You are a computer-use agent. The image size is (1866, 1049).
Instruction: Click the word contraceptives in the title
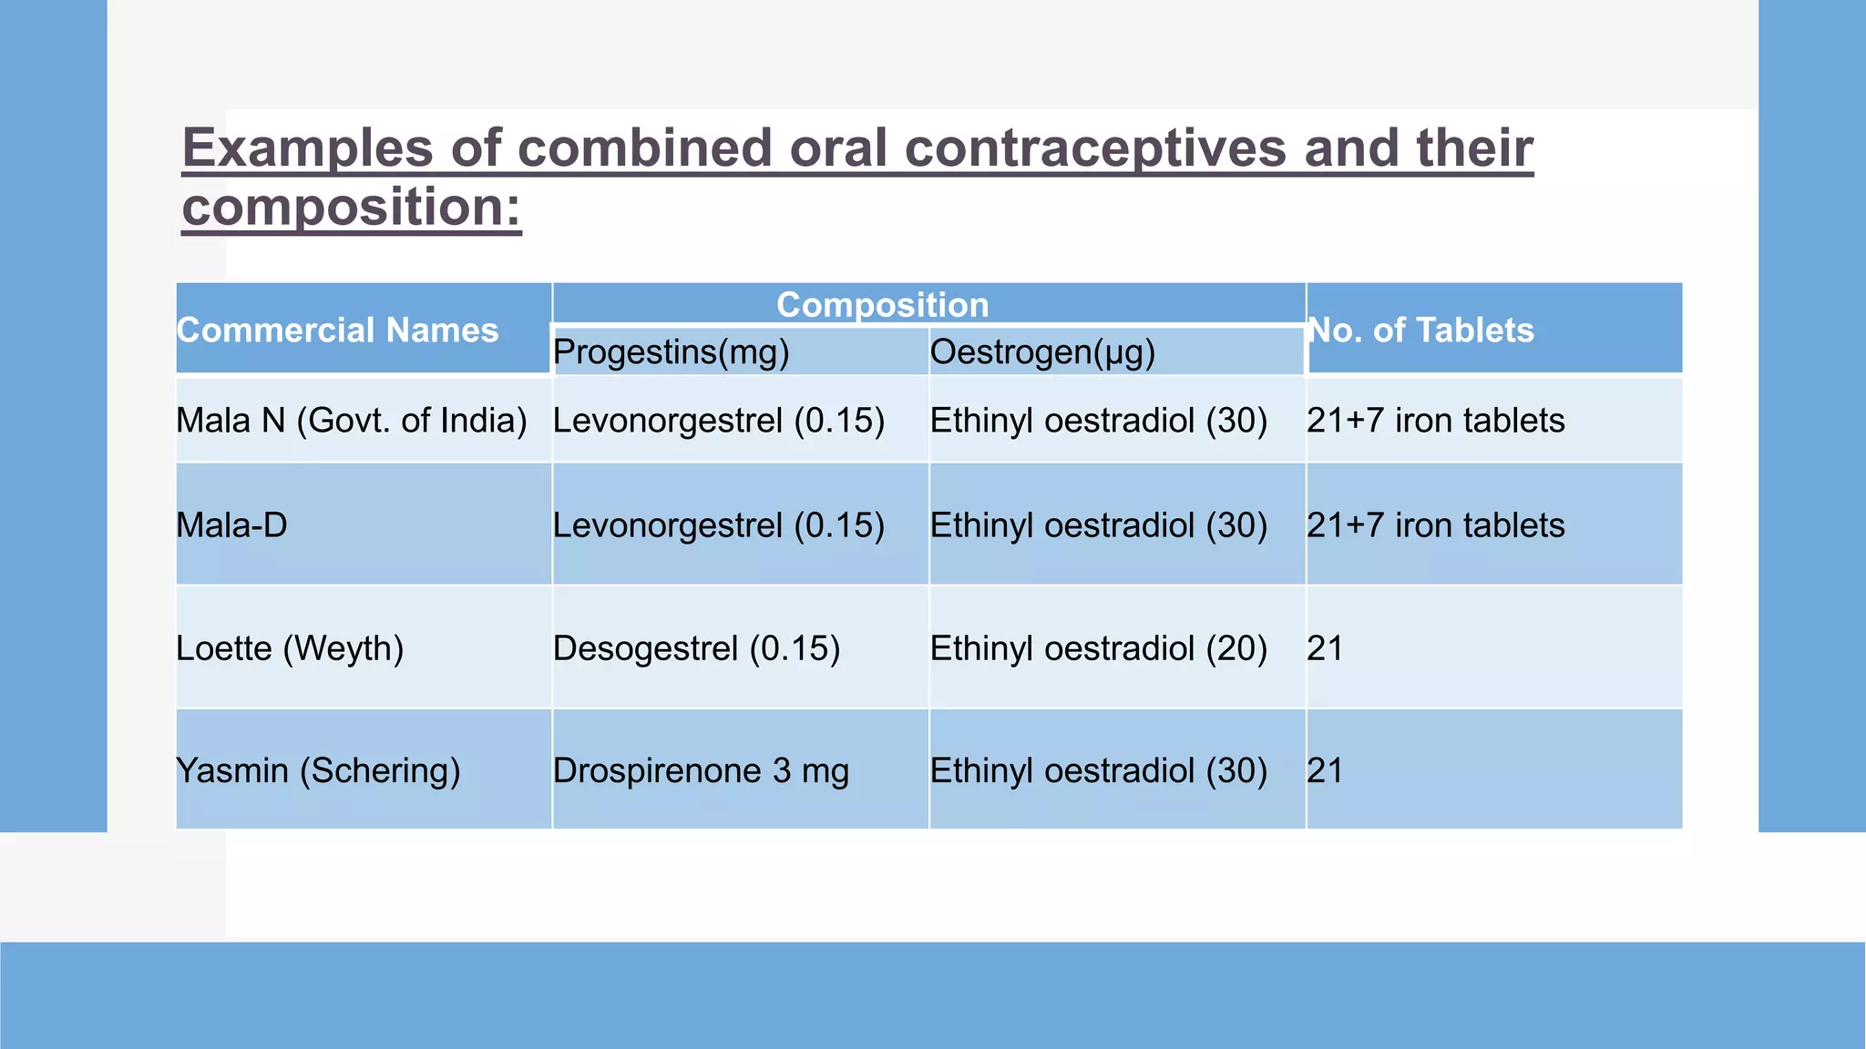click(x=1038, y=148)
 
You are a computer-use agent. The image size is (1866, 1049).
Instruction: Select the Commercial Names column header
click(x=337, y=331)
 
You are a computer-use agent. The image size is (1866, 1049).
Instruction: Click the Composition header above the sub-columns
click(x=882, y=305)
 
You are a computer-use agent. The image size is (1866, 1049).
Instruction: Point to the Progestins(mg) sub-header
click(x=671, y=352)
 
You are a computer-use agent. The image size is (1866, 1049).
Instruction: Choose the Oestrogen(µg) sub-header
click(x=1042, y=352)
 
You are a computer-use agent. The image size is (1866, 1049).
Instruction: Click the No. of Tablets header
click(x=1420, y=331)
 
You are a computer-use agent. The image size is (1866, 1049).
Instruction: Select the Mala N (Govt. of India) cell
click(x=352, y=421)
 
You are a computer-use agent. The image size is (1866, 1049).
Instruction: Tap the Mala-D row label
click(x=231, y=525)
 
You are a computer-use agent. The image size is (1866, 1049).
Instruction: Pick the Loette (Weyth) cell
click(x=290, y=648)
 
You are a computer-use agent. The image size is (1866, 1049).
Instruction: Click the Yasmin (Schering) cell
click(x=318, y=770)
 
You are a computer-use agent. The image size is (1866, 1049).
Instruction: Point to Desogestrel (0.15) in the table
click(x=696, y=648)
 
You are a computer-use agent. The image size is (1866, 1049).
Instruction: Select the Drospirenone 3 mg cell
click(x=701, y=770)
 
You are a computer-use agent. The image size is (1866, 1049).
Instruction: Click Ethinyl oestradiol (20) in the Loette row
click(x=1098, y=648)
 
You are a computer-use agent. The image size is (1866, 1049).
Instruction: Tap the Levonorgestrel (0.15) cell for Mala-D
click(x=719, y=525)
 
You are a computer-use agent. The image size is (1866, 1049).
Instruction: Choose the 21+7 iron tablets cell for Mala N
click(x=1435, y=421)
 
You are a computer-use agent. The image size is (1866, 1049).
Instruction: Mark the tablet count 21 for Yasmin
click(x=1325, y=770)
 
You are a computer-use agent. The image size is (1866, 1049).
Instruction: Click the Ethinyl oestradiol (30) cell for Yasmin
click(x=1098, y=770)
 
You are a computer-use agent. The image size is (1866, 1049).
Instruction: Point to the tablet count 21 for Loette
click(x=1325, y=648)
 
